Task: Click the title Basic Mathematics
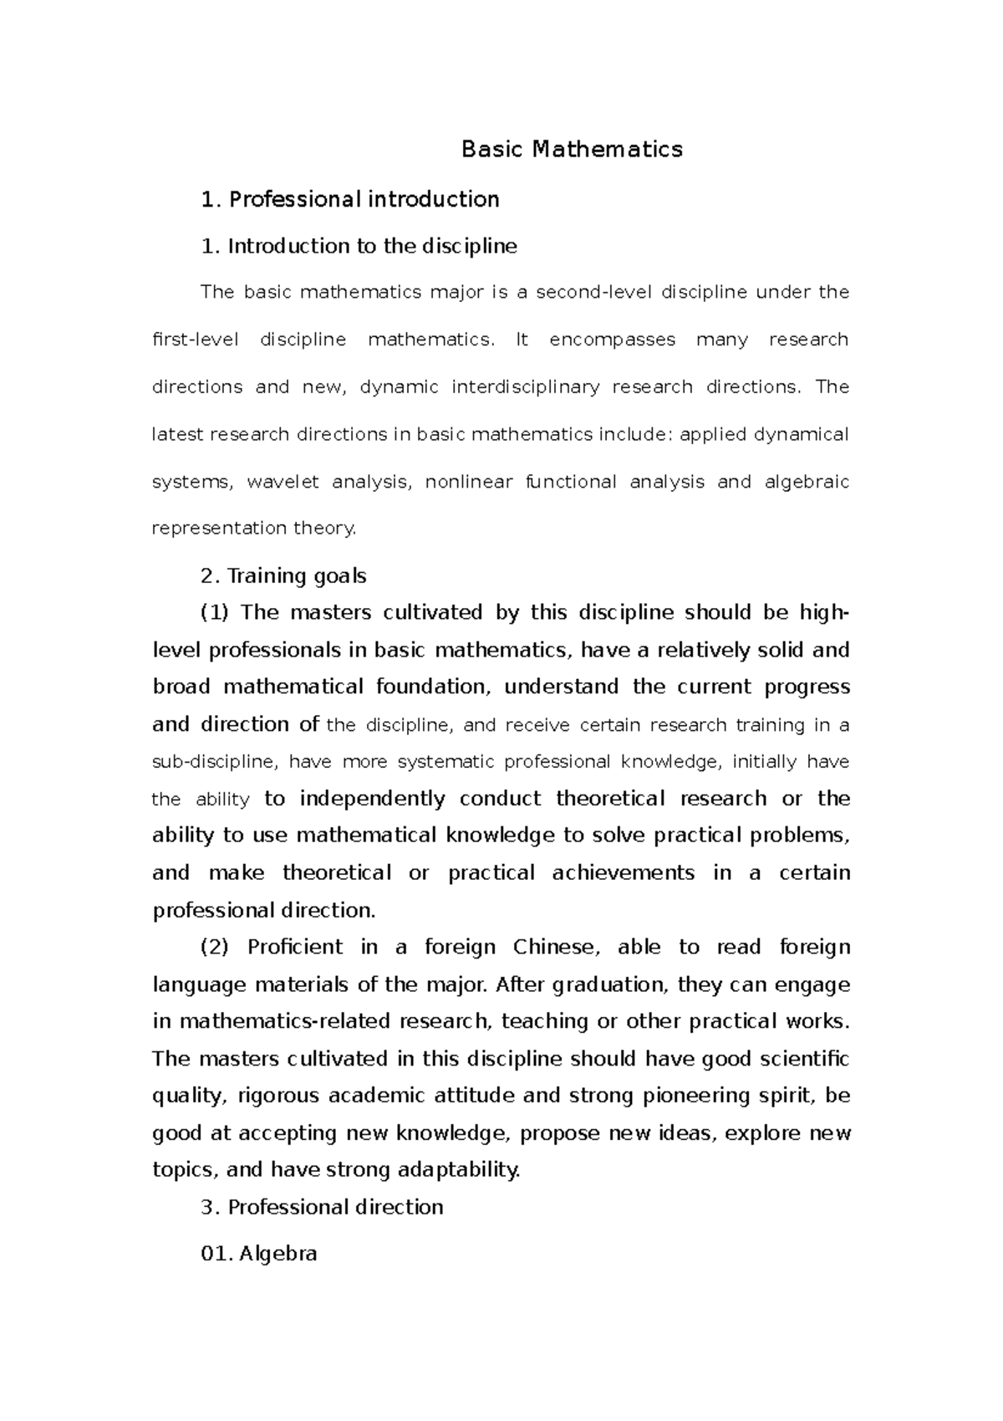click(x=572, y=150)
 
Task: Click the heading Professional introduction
click(x=350, y=199)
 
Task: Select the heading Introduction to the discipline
click(x=359, y=246)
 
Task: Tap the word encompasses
click(x=612, y=340)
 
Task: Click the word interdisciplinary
click(x=525, y=387)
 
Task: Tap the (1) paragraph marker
click(x=215, y=613)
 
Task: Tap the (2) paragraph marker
click(x=215, y=948)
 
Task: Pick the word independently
click(x=372, y=799)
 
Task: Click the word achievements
click(x=623, y=873)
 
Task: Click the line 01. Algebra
click(x=260, y=1255)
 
